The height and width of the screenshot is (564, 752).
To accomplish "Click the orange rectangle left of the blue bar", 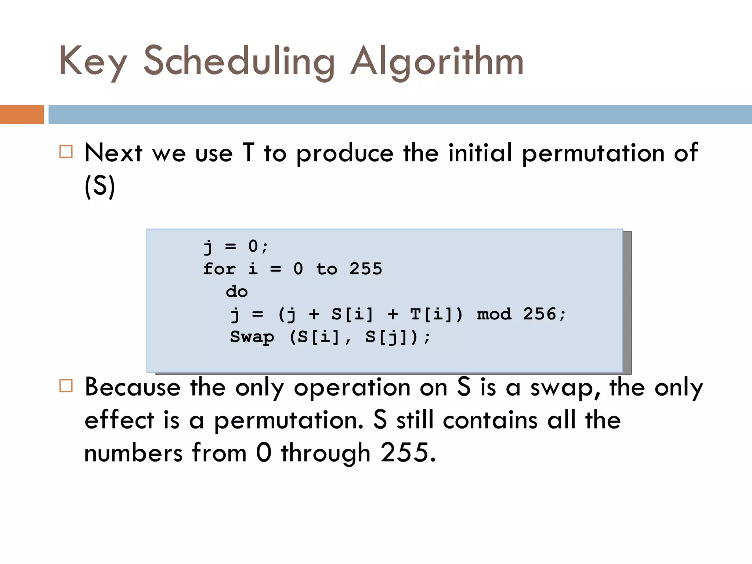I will click(x=22, y=115).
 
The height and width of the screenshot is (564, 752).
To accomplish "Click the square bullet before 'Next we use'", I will click(x=66, y=152).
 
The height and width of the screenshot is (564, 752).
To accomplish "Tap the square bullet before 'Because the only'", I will click(x=66, y=386).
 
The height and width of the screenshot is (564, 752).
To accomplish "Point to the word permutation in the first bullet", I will click(x=593, y=153).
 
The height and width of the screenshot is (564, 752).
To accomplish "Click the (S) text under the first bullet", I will click(x=100, y=187).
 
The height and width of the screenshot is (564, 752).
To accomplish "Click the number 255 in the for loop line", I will click(x=365, y=269).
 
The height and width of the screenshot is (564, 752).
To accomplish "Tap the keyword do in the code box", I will click(x=237, y=292).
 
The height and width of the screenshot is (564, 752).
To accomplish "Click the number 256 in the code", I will click(x=539, y=314).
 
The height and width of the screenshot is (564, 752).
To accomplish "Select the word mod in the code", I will click(x=494, y=315).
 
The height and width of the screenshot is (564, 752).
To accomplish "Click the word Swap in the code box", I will click(x=252, y=337).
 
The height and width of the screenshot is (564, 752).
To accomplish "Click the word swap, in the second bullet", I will click(x=565, y=388).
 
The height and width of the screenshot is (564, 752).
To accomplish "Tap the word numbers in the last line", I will click(x=133, y=453).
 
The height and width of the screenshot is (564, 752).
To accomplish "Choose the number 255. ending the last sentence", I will click(x=408, y=452).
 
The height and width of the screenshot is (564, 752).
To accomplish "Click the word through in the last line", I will click(x=326, y=453).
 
